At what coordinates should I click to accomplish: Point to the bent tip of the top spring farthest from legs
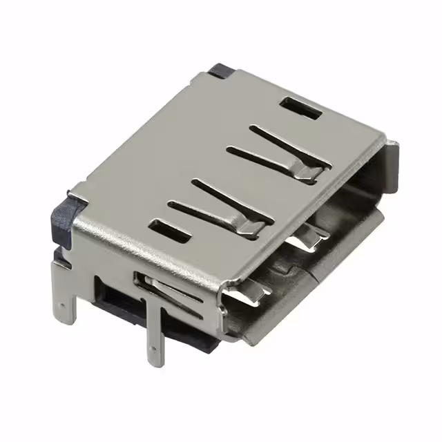tap(309, 171)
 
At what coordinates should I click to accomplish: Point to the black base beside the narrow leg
tap(186, 331)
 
